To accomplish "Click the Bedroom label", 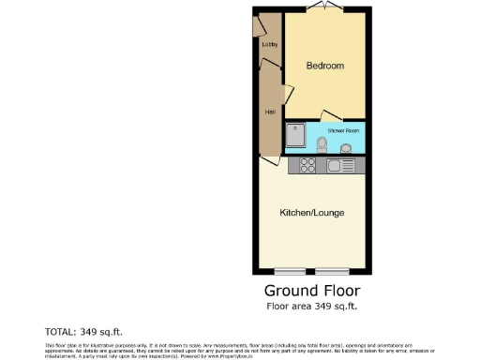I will tap(325, 66).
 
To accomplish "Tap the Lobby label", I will tap(269, 44).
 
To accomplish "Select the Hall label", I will tap(269, 112).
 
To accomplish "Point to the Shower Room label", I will tap(342, 130).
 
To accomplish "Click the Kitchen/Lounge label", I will tap(312, 213).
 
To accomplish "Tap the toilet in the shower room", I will tap(322, 145).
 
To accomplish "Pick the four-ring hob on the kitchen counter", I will tap(307, 166).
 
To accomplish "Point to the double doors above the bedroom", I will tap(325, 7).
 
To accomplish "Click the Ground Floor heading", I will tap(312, 291).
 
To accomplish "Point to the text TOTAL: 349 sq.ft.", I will tap(83, 332).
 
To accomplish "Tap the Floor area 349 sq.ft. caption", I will tap(312, 307).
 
